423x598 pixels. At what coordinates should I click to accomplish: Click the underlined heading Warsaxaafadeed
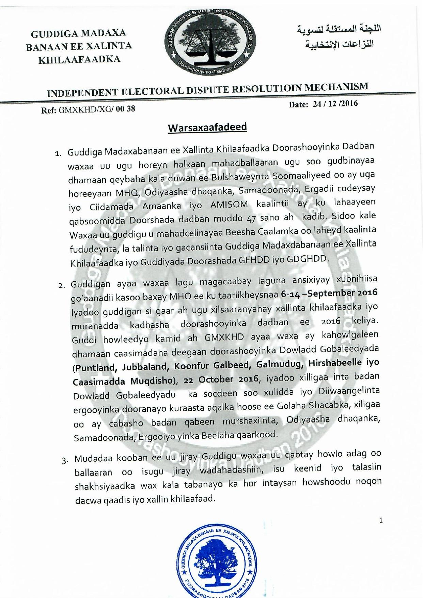[207, 128]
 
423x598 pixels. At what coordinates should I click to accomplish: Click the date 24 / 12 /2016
[335, 104]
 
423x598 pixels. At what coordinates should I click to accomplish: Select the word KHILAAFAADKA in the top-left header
[79, 60]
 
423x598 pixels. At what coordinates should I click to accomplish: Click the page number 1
[381, 520]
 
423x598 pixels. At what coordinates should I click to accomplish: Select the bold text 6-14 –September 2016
[329, 293]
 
